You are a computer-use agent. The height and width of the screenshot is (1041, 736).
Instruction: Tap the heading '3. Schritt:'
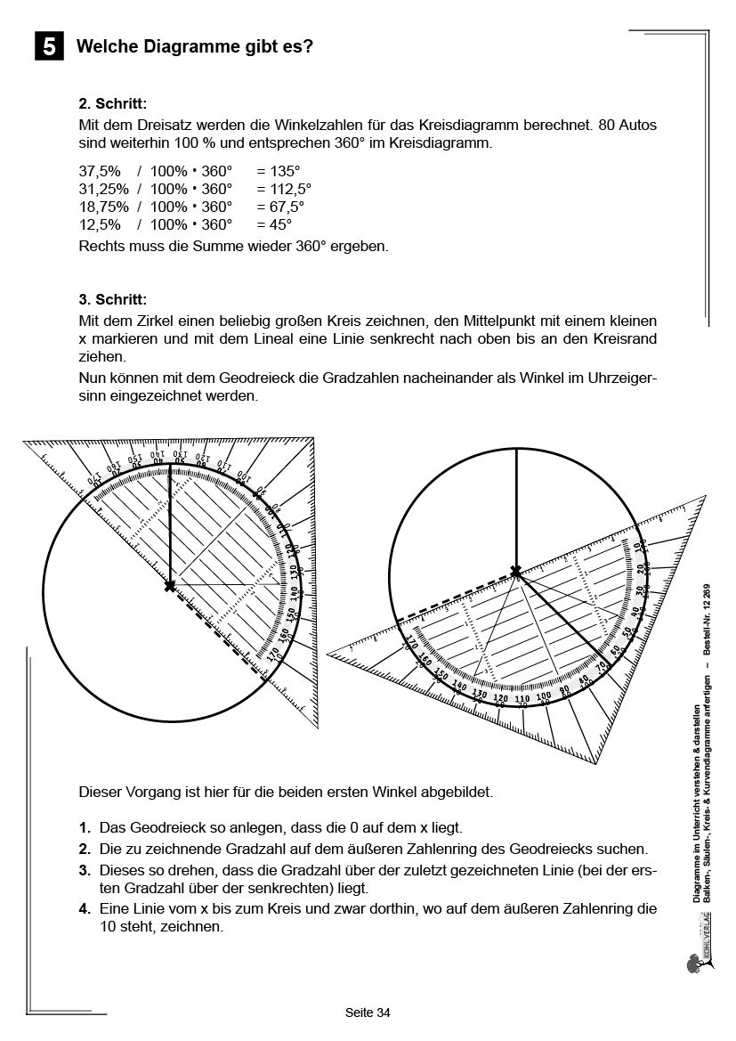[x=112, y=298]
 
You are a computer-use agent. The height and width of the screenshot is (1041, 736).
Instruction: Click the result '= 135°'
[x=279, y=172]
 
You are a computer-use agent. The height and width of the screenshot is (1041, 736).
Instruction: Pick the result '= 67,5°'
[x=280, y=207]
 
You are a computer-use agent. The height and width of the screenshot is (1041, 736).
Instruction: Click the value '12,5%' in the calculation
[x=100, y=224]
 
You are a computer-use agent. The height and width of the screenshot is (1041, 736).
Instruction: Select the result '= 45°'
[x=274, y=224]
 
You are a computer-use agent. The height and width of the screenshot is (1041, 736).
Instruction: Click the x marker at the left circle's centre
[x=170, y=586]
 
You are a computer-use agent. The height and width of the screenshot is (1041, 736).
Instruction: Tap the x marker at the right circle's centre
[x=515, y=570]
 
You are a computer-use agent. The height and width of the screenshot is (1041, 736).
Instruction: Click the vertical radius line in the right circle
[x=515, y=508]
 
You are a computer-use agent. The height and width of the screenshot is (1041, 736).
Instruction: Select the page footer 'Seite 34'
[x=368, y=1013]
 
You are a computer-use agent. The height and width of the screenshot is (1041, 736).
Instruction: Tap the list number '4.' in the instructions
[x=85, y=909]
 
